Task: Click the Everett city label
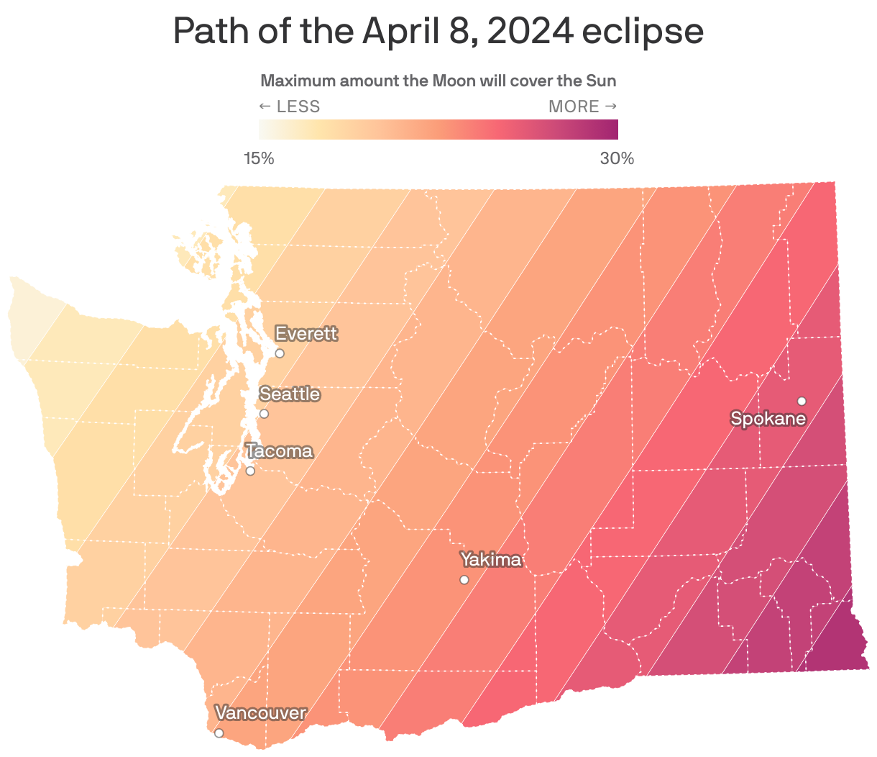[x=306, y=334]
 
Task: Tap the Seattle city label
[x=290, y=394]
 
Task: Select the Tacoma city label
[x=280, y=451]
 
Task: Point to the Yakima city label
[x=490, y=560]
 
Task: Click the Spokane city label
[x=768, y=418]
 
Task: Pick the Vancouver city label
[x=260, y=713]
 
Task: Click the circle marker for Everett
[x=280, y=353]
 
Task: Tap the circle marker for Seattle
[x=264, y=414]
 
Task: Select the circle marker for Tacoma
[x=250, y=471]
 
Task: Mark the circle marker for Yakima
[x=464, y=580]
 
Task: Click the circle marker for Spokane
[x=802, y=401]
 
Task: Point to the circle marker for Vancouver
[x=219, y=733]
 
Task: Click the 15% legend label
[x=259, y=158]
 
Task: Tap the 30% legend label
[x=617, y=158]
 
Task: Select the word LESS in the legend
[x=298, y=106]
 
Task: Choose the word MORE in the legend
[x=574, y=106]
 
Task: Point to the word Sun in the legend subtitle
[x=602, y=81]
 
